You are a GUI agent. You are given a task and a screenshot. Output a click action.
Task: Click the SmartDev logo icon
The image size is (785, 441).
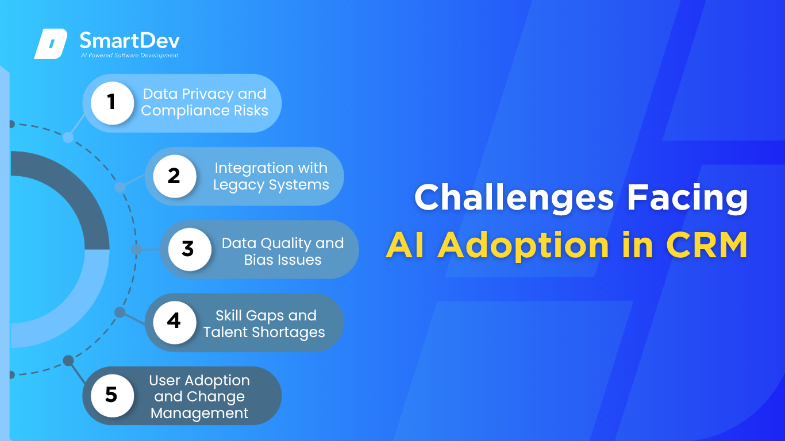pos(51,44)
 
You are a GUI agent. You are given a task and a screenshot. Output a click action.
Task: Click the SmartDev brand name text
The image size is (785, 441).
pos(130,40)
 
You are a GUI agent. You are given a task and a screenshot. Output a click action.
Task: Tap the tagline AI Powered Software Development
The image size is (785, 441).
pos(130,55)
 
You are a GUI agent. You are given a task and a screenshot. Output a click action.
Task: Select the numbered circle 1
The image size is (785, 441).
pos(112,103)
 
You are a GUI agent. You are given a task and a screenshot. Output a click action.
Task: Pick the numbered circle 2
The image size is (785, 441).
pos(175,176)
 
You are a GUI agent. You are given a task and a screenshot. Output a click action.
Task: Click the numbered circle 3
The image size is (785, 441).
pos(190,249)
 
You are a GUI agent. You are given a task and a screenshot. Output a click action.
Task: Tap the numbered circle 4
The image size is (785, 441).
pos(175,322)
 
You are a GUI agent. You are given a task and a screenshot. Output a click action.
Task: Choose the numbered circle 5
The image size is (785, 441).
pos(112,396)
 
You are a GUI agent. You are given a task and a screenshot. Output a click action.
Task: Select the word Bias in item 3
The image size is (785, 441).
pos(257,260)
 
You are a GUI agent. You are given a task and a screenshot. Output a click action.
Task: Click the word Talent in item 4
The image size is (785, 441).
pos(225,332)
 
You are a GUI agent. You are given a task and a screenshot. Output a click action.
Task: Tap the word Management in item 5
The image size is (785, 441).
pos(199,413)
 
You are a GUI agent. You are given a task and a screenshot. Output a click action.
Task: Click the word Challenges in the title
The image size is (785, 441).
pos(514,198)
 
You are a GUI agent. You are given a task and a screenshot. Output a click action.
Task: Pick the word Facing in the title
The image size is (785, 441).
pos(687,198)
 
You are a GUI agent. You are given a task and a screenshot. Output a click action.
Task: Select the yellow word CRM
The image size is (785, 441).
pos(706,245)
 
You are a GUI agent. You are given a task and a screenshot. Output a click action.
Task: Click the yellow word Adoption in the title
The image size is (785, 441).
pos(523,246)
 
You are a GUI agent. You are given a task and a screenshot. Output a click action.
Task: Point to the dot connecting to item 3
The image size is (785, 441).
pos(136,249)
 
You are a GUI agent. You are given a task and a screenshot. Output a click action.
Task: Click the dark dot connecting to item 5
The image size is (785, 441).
pos(68,361)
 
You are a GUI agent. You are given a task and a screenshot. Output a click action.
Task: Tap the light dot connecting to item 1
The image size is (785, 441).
pos(68,138)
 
